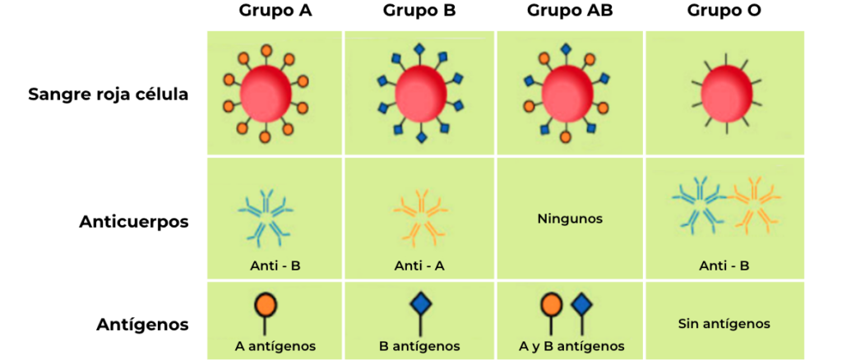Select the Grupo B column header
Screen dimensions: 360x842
[419, 12]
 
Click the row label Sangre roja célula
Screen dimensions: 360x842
[108, 94]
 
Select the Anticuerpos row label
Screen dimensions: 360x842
[134, 221]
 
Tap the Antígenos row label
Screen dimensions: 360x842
[141, 324]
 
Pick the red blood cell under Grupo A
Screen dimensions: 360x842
[266, 93]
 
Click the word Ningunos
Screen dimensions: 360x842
[570, 219]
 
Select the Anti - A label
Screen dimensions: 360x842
[419, 265]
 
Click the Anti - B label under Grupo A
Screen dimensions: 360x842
[275, 265]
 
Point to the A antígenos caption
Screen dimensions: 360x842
[275, 346]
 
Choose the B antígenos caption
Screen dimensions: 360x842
[419, 346]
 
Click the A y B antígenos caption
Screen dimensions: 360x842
[571, 346]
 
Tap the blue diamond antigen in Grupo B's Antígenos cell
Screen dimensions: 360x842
[420, 305]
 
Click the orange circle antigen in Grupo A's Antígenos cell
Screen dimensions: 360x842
[265, 305]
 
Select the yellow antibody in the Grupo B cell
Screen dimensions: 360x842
[420, 218]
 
